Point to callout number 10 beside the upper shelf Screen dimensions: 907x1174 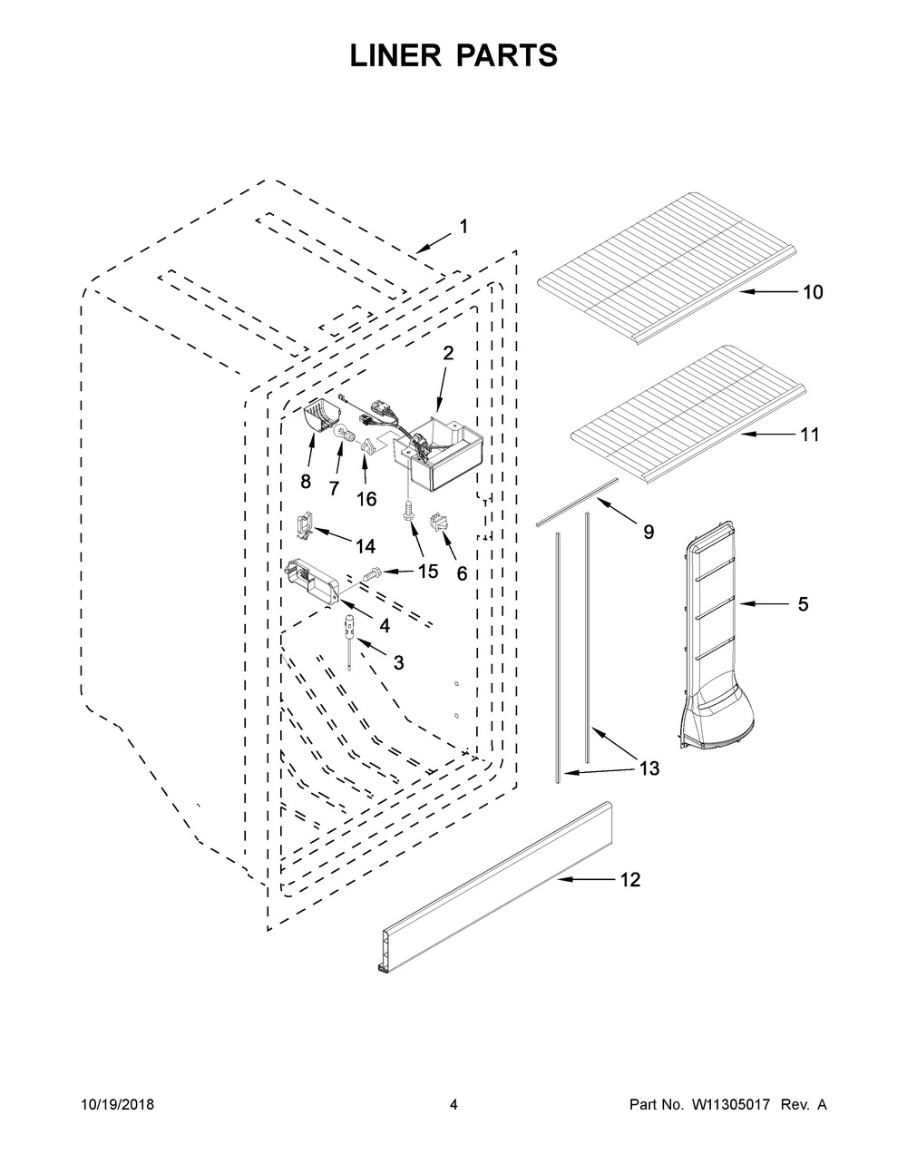(813, 292)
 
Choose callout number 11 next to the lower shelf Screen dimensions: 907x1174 (809, 435)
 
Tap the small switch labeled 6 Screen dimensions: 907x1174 (437, 523)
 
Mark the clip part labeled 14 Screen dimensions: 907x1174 (306, 528)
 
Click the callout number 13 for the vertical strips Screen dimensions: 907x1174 (649, 768)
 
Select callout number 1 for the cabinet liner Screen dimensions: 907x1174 (463, 227)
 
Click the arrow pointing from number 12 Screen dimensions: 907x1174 (586, 879)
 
